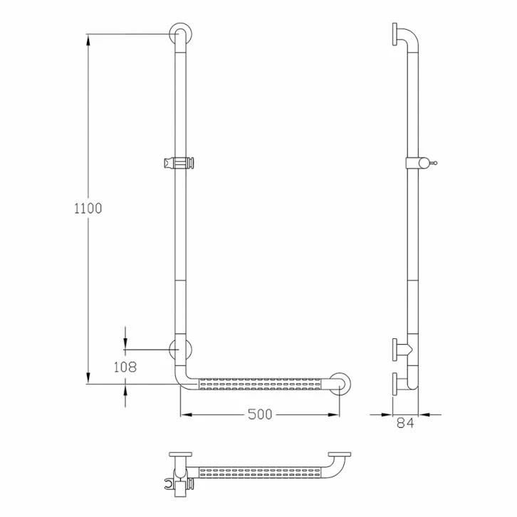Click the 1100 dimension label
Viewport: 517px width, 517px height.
(x=88, y=209)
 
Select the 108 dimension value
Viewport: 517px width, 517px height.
(x=125, y=367)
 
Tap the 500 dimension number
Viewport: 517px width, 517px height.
(x=260, y=414)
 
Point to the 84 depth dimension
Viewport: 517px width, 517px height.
(x=405, y=423)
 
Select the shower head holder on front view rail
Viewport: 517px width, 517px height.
(x=179, y=163)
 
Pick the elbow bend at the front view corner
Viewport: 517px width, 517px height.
(x=181, y=379)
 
